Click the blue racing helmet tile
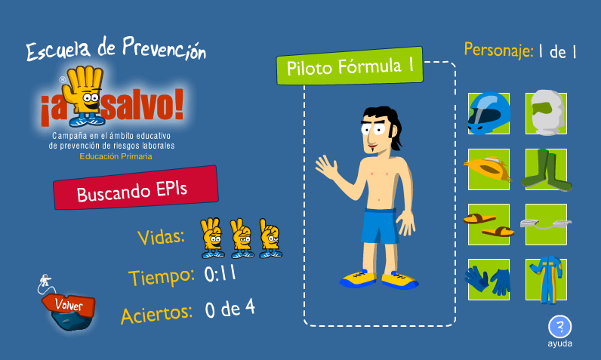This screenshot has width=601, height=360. pyautogui.click(x=489, y=113)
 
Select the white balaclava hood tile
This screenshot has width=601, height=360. pyautogui.click(x=546, y=113)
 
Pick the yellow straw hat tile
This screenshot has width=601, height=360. pyautogui.click(x=489, y=169)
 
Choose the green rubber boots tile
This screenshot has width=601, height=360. pyautogui.click(x=546, y=170)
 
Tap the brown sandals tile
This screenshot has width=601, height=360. pyautogui.click(x=489, y=224)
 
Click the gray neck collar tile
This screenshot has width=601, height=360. pyautogui.click(x=546, y=224)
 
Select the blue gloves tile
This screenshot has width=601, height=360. pyautogui.click(x=489, y=279)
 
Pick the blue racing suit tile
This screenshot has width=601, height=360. pyautogui.click(x=546, y=280)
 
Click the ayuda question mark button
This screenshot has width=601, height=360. pyautogui.click(x=560, y=327)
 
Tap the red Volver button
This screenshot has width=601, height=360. pyautogui.click(x=69, y=305)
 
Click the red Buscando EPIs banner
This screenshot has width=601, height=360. pyautogui.click(x=136, y=188)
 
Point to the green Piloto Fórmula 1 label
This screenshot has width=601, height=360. pyautogui.click(x=350, y=66)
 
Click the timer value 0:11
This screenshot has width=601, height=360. pyautogui.click(x=220, y=274)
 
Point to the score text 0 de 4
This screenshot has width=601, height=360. pyautogui.click(x=230, y=309)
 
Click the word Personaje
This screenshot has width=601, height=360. pyautogui.click(x=498, y=50)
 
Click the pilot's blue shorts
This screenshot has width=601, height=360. pyautogui.click(x=380, y=226)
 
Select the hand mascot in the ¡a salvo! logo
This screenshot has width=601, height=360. pyautogui.click(x=85, y=96)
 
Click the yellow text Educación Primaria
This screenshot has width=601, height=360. pyautogui.click(x=116, y=156)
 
